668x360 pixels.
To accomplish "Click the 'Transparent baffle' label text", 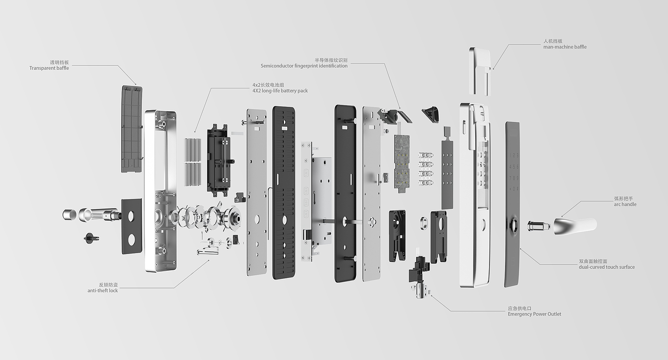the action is (x=49, y=68).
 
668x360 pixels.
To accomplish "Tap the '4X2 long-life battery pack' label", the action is (x=280, y=91).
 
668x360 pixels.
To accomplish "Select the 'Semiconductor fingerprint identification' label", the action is (x=304, y=66).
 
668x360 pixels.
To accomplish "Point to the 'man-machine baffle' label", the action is (x=565, y=47).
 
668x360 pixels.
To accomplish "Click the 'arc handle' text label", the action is (x=625, y=204).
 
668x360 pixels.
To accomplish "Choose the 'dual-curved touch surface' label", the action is (x=606, y=267).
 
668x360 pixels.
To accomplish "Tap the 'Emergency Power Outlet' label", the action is (x=534, y=314).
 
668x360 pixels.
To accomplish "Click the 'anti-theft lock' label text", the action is (x=103, y=290).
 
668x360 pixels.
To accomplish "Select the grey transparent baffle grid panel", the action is (x=132, y=129).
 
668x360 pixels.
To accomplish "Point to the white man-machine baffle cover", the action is (x=480, y=71).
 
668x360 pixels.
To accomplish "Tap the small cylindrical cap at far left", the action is (x=70, y=214).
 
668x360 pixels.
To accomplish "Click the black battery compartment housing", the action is (x=219, y=160).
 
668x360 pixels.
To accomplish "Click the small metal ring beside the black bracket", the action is (x=424, y=223).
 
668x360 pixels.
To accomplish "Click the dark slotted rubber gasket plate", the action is (x=284, y=193).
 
